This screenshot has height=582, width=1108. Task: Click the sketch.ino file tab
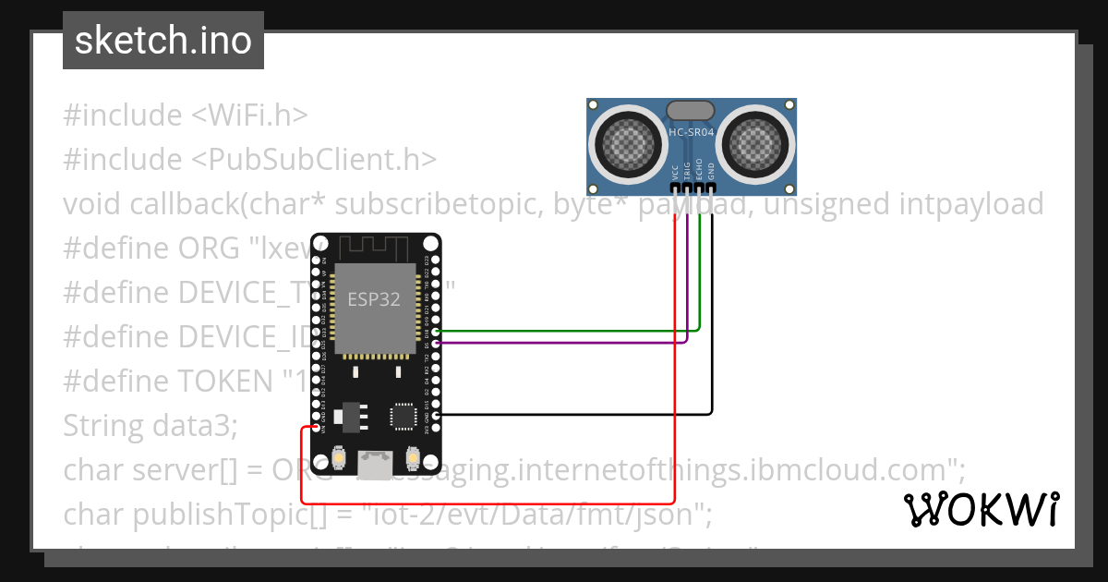pos(163,41)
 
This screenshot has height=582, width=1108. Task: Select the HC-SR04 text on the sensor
pos(691,133)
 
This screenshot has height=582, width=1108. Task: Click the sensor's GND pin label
pos(711,171)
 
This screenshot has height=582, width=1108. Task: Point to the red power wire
pos(676,370)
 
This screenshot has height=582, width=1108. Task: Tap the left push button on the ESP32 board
pos(339,457)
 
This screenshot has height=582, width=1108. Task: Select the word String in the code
pos(99,426)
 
